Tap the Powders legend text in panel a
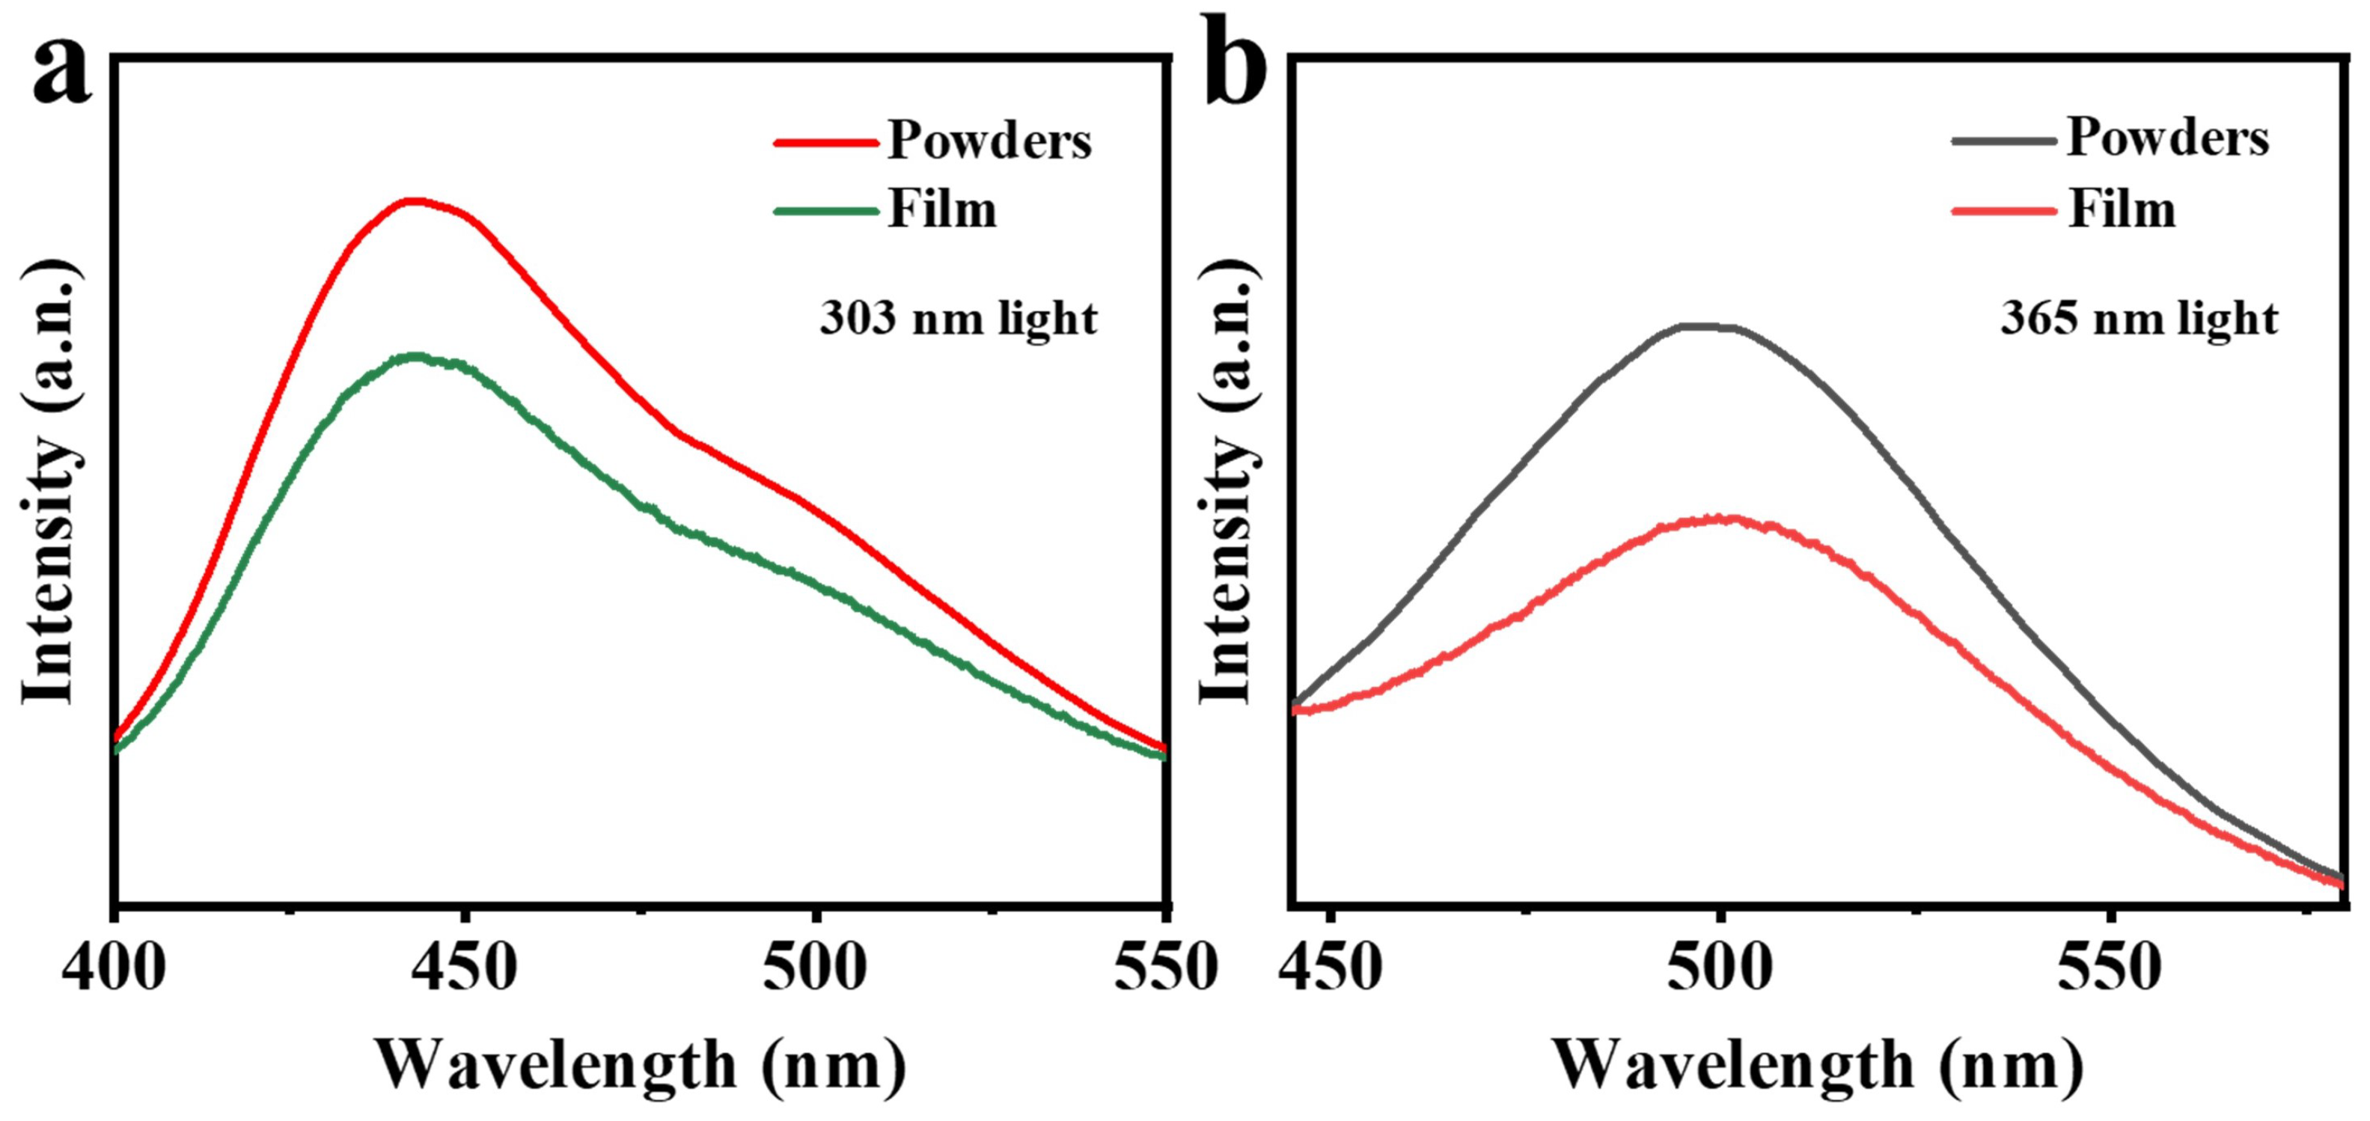pos(989,141)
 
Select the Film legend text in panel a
pos(942,210)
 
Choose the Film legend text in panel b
pos(2122,210)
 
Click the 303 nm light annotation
pos(958,320)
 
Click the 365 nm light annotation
pos(2139,320)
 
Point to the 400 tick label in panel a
pos(114,968)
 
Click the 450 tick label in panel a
pos(465,968)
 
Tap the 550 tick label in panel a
pos(1164,968)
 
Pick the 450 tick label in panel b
pos(1331,968)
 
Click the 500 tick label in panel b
pos(1720,968)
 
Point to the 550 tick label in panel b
pos(2109,968)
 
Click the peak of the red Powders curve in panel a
pos(414,201)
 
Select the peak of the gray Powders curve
pos(1708,326)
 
